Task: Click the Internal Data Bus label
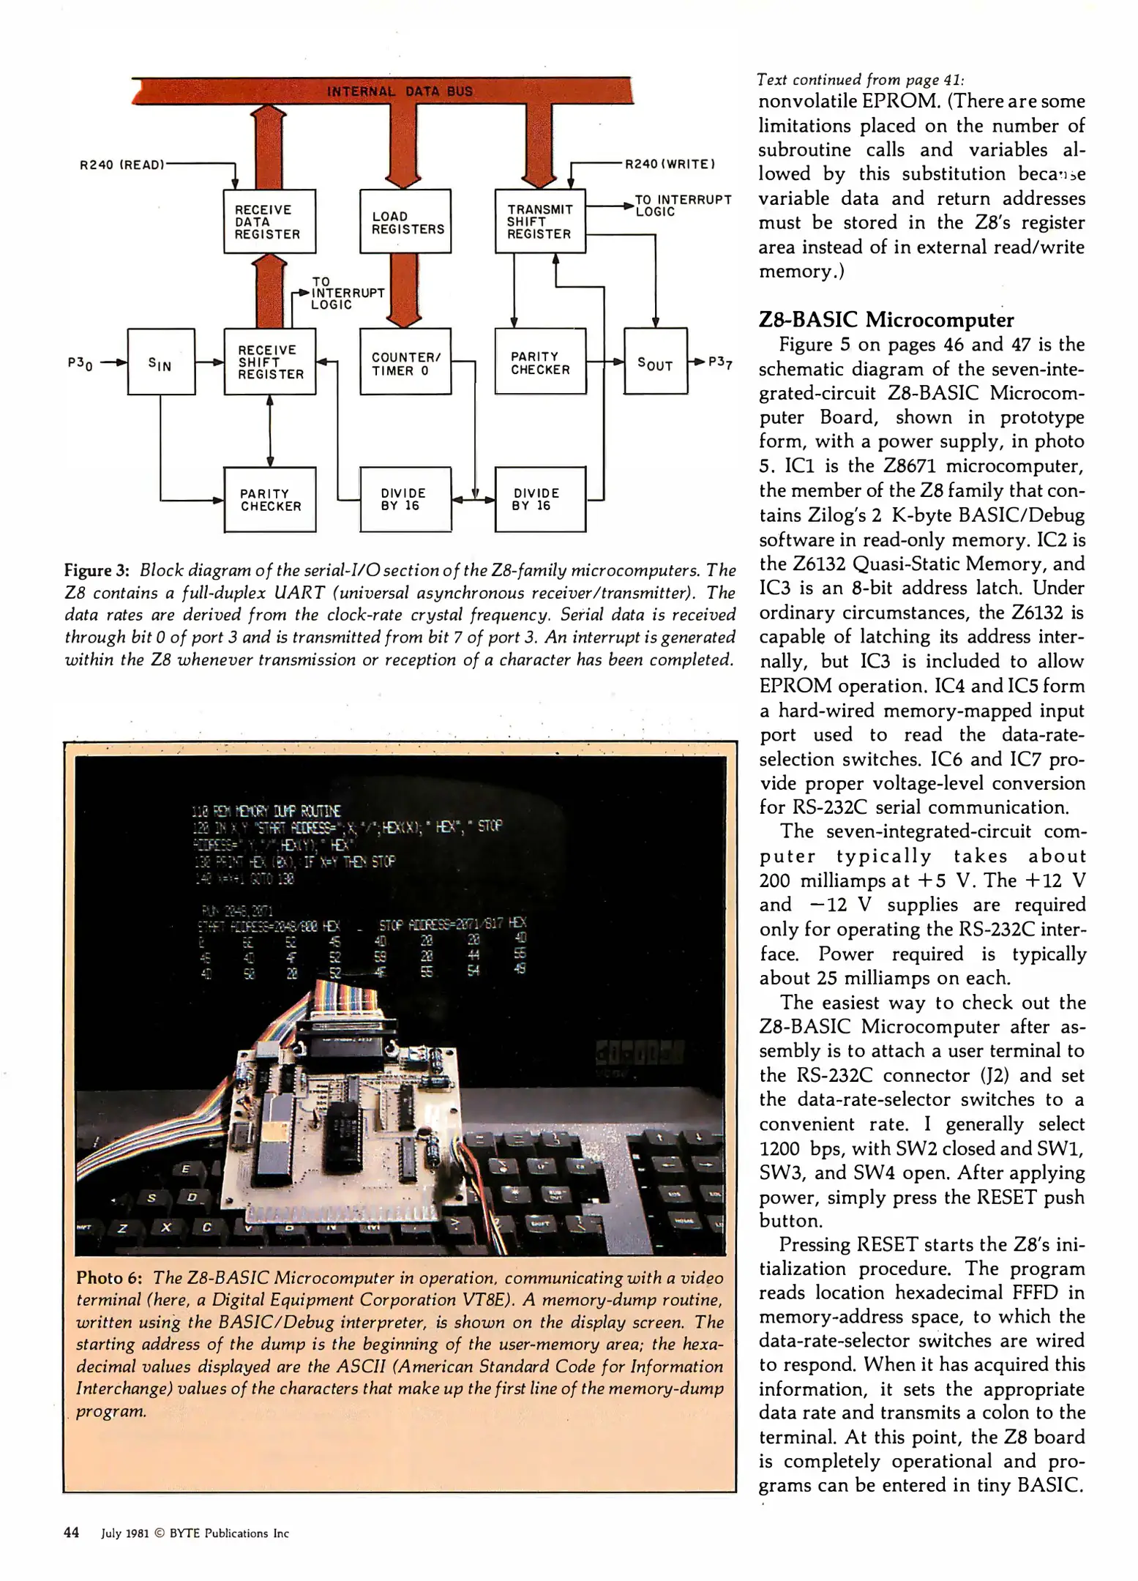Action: (400, 91)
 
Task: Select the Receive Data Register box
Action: (269, 221)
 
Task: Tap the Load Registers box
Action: (405, 221)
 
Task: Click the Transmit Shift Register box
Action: (540, 221)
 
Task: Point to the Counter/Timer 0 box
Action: (405, 362)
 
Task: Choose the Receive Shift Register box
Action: (269, 362)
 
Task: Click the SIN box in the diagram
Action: (161, 362)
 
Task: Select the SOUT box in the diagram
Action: (655, 362)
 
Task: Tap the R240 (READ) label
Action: (121, 165)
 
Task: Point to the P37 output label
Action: (720, 362)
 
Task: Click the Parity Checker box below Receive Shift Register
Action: (269, 499)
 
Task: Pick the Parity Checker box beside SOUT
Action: (540, 362)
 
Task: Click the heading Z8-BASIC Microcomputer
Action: (886, 320)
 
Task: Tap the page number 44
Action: (72, 1533)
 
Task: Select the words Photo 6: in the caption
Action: (109, 1278)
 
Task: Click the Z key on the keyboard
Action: (124, 1227)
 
